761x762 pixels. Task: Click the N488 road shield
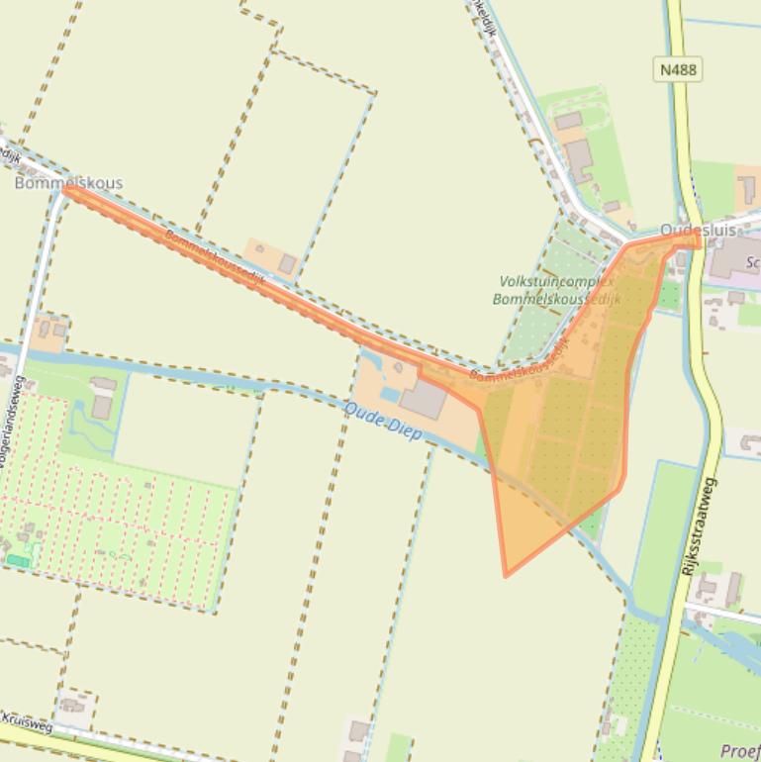677,69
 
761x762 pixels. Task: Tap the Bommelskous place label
68,183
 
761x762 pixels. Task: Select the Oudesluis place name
698,230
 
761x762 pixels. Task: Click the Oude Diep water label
383,420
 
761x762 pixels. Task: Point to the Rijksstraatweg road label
700,527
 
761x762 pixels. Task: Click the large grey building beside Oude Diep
427,399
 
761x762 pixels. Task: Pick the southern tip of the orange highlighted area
506,574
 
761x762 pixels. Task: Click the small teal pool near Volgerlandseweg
18,561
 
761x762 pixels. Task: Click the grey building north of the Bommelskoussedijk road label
287,263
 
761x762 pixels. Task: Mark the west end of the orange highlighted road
65,190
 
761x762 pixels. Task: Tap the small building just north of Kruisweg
71,706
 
